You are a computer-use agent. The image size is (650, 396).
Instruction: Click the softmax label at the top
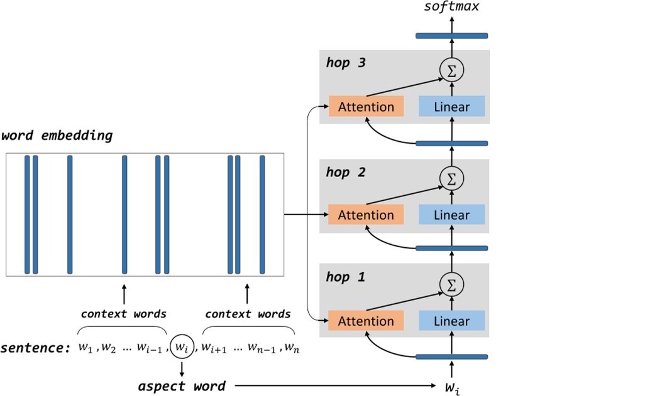coord(451,8)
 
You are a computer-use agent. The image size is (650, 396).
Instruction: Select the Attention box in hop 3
coord(366,107)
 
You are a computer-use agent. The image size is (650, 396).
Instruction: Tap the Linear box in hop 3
coord(451,107)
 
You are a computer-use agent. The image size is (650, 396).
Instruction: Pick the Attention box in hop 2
coord(366,215)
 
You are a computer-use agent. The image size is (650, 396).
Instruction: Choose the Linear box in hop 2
coord(451,215)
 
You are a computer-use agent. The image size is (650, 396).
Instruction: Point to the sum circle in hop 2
coord(451,179)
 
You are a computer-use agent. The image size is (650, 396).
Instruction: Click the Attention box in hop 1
coord(366,321)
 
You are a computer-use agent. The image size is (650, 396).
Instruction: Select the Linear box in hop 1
coord(451,321)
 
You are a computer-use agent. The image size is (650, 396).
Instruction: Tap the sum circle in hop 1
coord(451,285)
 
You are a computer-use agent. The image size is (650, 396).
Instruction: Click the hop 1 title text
coord(346,277)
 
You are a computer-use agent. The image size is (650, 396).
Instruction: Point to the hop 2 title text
coord(346,172)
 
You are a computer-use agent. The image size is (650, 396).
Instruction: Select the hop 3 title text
coord(346,63)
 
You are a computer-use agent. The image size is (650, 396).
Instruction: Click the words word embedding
coord(57,136)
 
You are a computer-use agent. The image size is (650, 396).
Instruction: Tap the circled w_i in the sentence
coord(182,346)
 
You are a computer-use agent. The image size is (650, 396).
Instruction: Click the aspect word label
coord(182,386)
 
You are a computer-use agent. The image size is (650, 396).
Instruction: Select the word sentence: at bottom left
coord(36,348)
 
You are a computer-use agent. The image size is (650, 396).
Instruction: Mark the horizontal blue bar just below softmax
coord(451,36)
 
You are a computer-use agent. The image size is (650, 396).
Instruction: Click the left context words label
coord(124,314)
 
